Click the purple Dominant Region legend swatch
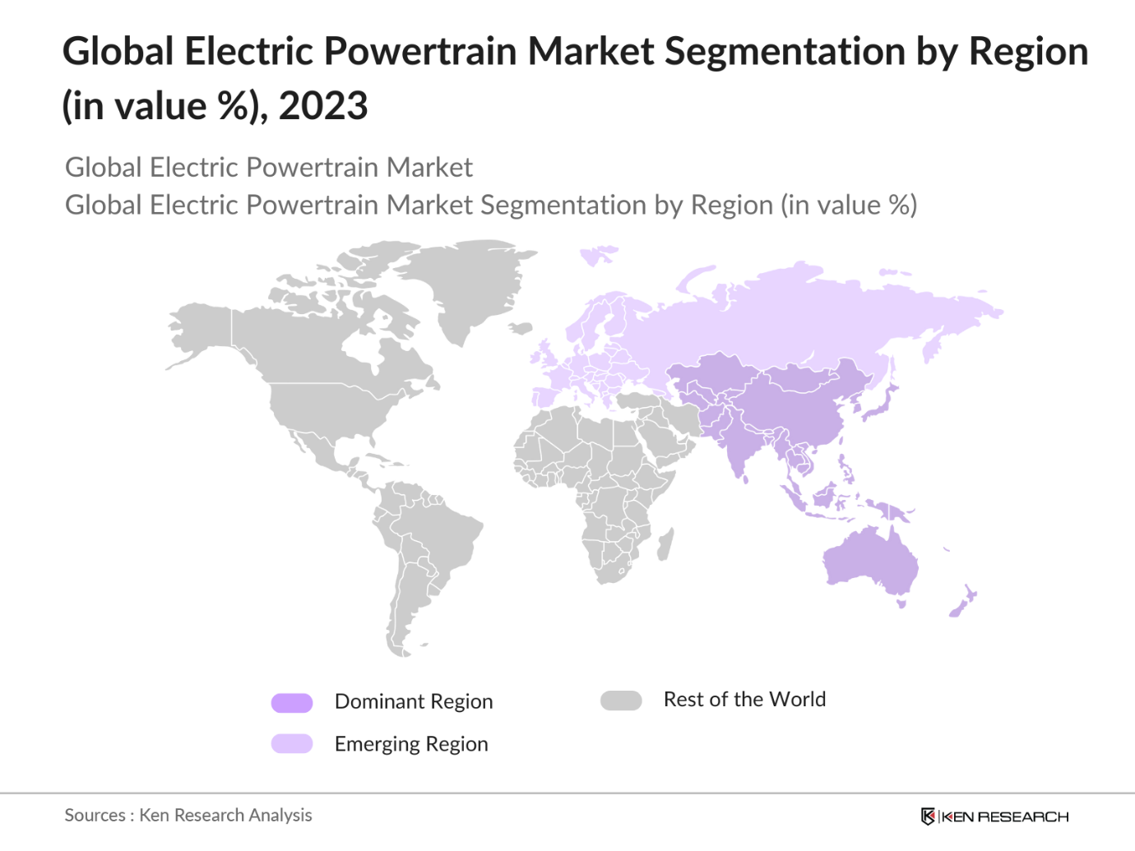pyautogui.click(x=292, y=702)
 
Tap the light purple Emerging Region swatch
pyautogui.click(x=292, y=744)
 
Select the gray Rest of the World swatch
pyautogui.click(x=621, y=701)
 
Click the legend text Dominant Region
pyautogui.click(x=414, y=701)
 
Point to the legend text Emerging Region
pyautogui.click(x=411, y=744)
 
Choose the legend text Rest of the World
pyautogui.click(x=744, y=700)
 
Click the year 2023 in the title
pyautogui.click(x=323, y=106)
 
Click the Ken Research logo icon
pyautogui.click(x=928, y=816)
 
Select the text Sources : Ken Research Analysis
pyautogui.click(x=188, y=815)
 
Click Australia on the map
pyautogui.click(x=872, y=559)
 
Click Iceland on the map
pyautogui.click(x=520, y=328)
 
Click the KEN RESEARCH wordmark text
pyautogui.click(x=1004, y=816)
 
